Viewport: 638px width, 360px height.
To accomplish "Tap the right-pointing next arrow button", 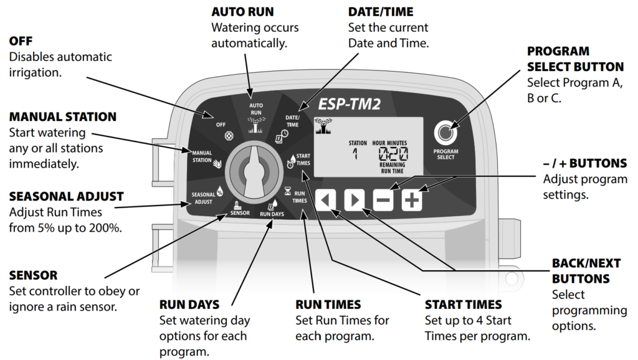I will (x=354, y=201).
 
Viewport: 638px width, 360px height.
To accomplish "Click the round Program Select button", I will (x=445, y=132).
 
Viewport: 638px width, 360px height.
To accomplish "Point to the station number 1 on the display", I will (x=355, y=153).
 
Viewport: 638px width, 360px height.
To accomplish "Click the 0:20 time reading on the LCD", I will (x=393, y=154).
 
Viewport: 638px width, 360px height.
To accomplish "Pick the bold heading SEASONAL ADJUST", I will (x=66, y=197).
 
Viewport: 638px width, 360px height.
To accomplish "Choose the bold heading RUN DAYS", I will (x=189, y=305).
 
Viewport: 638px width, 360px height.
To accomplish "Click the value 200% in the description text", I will (x=105, y=227).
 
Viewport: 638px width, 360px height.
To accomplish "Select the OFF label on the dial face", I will (x=221, y=124).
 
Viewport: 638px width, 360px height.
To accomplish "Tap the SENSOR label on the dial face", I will (x=240, y=212).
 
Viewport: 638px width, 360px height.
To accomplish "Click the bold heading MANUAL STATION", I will (x=63, y=116).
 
